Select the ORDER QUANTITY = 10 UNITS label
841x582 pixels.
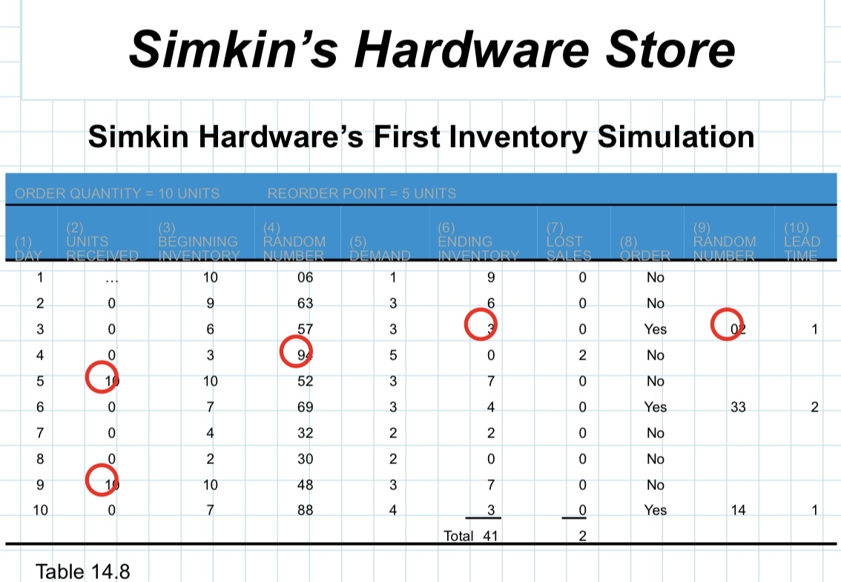tap(117, 194)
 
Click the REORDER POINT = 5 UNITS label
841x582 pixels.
tap(361, 194)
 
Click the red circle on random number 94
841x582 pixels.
tap(298, 351)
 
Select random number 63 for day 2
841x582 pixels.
tap(305, 303)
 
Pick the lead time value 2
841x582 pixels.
tap(814, 407)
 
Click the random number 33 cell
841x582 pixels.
tap(737, 407)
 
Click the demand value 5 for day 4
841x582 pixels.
tap(393, 355)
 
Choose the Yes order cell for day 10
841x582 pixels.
tap(656, 510)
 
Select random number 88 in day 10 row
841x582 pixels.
tap(305, 510)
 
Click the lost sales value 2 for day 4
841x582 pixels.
tap(582, 355)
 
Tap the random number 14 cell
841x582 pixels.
tap(737, 510)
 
